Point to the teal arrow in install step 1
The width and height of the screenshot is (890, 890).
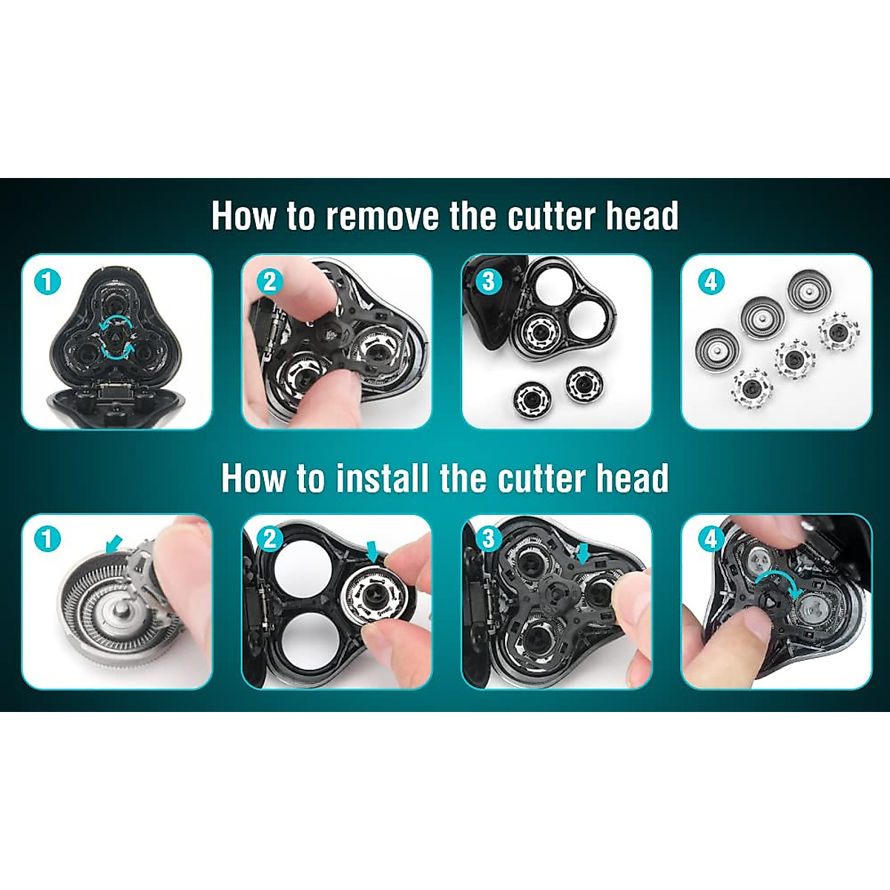coord(114,545)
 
